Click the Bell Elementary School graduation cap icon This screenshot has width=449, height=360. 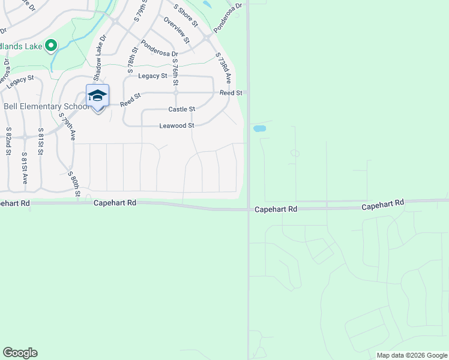(x=97, y=95)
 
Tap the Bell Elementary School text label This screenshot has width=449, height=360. (x=46, y=107)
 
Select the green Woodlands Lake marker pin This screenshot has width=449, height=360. (x=51, y=45)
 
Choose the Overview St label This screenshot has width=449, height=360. (x=176, y=29)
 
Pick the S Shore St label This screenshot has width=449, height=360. (x=186, y=15)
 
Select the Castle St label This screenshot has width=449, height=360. (x=181, y=109)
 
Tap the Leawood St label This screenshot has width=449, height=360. (x=176, y=126)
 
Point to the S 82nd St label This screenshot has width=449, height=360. (x=9, y=142)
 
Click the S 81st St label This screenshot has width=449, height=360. (x=41, y=142)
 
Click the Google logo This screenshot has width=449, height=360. (x=20, y=353)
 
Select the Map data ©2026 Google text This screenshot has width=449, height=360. (x=412, y=355)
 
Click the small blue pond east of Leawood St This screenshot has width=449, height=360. (x=259, y=128)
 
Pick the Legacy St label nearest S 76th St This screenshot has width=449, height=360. (x=152, y=76)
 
